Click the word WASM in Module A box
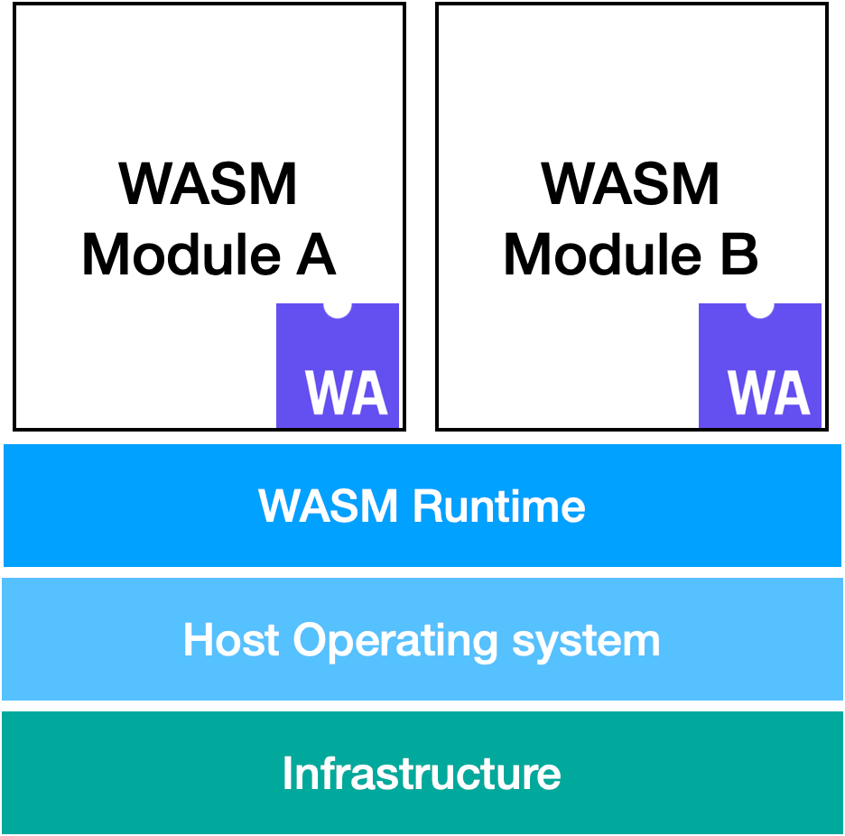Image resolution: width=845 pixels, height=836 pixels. (x=209, y=184)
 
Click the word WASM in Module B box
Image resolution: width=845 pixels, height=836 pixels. (x=630, y=184)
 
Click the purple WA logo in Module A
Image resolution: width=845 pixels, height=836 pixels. (x=338, y=365)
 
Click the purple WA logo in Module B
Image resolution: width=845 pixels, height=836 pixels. (x=760, y=365)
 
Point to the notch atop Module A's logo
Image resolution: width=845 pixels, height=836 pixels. (x=338, y=309)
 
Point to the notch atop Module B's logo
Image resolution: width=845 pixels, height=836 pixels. (x=760, y=309)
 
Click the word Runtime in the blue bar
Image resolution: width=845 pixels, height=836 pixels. (x=498, y=506)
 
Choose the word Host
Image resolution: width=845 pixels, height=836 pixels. (x=232, y=640)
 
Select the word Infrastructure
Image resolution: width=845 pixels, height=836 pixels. (x=422, y=774)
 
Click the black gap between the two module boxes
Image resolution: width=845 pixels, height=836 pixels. (x=421, y=217)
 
